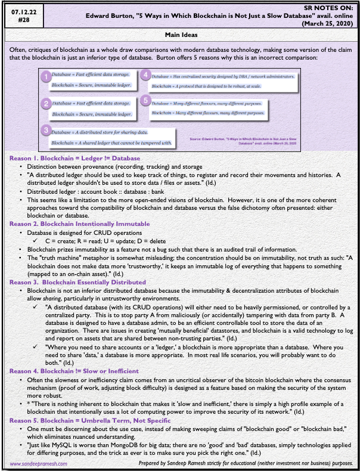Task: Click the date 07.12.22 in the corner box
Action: click(x=20, y=9)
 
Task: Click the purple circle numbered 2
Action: click(x=45, y=104)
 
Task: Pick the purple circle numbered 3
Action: click(x=45, y=131)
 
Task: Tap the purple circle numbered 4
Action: click(x=145, y=75)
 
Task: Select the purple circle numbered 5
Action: click(x=145, y=101)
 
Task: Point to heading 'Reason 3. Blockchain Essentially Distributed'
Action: click(x=80, y=280)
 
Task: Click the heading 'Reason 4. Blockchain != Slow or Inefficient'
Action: click(x=79, y=370)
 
